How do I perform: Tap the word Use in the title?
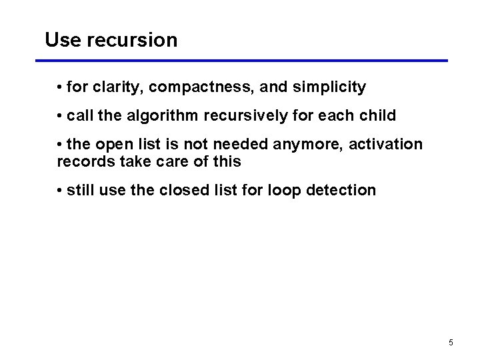pos(63,40)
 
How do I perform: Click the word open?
pos(115,145)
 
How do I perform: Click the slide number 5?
pos(451,343)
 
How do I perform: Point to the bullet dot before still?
pos(60,191)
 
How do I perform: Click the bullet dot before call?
pos(60,116)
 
